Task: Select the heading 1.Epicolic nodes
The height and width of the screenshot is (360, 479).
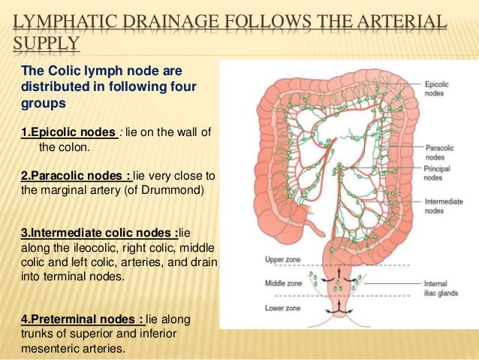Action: click(x=68, y=133)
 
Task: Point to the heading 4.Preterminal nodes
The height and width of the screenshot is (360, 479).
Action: click(x=80, y=319)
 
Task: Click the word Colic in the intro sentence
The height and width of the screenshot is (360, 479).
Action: click(x=59, y=71)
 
